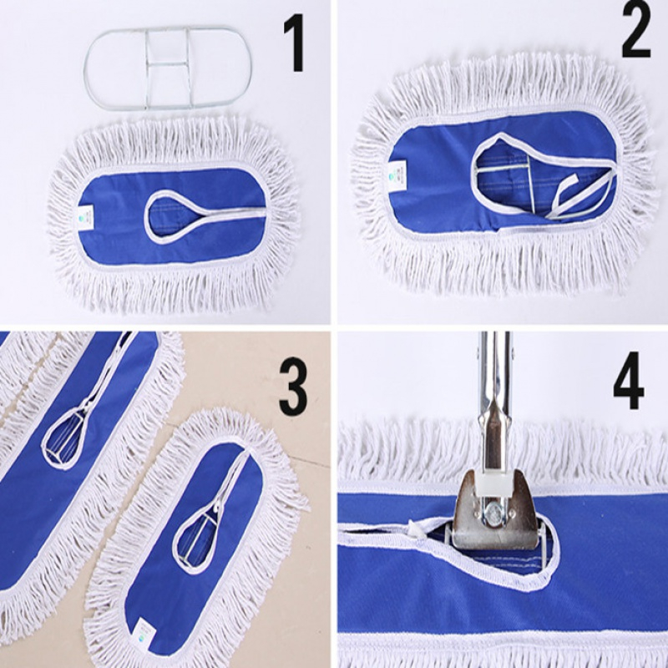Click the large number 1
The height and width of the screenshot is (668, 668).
(294, 43)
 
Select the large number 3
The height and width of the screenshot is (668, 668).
(293, 387)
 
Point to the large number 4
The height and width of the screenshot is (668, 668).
(629, 380)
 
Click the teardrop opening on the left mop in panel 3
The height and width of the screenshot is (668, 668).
(64, 443)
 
